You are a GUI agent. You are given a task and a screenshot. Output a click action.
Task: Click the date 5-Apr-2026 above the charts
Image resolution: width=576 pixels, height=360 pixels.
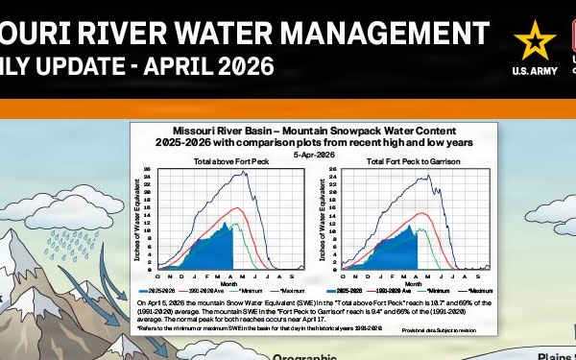point(314,154)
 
